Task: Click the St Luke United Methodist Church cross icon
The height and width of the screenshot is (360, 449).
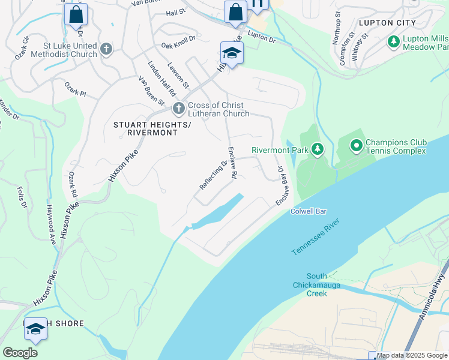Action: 106,49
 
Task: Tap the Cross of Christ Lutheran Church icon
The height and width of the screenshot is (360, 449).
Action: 178,109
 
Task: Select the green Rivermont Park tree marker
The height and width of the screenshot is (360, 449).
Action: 318,149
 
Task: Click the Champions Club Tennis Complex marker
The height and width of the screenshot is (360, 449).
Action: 356,146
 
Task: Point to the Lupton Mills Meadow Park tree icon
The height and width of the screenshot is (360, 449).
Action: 394,41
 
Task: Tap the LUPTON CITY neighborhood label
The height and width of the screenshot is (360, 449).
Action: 387,23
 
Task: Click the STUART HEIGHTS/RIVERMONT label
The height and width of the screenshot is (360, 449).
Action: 145,128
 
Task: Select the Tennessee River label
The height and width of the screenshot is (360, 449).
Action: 316,237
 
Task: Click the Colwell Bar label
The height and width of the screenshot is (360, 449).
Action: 309,212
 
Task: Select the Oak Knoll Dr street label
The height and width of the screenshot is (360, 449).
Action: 178,41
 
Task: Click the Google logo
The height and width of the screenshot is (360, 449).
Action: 20,353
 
